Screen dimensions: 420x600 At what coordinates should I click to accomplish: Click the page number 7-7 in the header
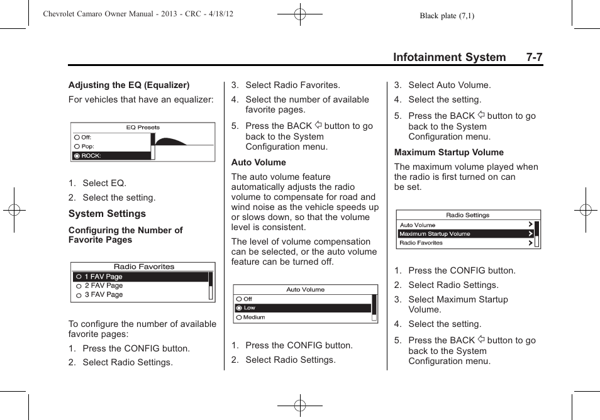pyautogui.click(x=535, y=57)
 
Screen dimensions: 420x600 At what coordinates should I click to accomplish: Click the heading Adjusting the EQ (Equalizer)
pyautogui.click(x=129, y=85)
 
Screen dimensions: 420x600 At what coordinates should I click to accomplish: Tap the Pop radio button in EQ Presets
pyautogui.click(x=77, y=146)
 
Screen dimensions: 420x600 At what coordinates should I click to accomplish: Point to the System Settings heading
pyautogui.click(x=107, y=214)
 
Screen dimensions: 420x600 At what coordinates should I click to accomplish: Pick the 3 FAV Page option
pyautogui.click(x=104, y=295)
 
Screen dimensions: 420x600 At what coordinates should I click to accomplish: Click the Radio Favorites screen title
pyautogui.click(x=144, y=267)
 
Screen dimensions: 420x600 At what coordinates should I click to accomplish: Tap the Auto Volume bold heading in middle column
pyautogui.click(x=258, y=162)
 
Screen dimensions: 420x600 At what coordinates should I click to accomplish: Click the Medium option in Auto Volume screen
pyautogui.click(x=253, y=318)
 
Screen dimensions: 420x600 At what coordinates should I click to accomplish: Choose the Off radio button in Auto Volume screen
pyautogui.click(x=240, y=299)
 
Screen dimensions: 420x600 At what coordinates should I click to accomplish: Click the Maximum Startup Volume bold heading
pyautogui.click(x=449, y=152)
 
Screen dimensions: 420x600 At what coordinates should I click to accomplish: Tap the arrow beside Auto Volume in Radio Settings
pyautogui.click(x=531, y=224)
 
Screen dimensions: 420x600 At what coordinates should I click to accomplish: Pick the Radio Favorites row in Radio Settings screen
pyautogui.click(x=421, y=243)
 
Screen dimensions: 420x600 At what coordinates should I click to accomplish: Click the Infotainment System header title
pyautogui.click(x=449, y=57)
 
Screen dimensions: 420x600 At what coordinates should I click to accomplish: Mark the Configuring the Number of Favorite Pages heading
pyautogui.click(x=125, y=235)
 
